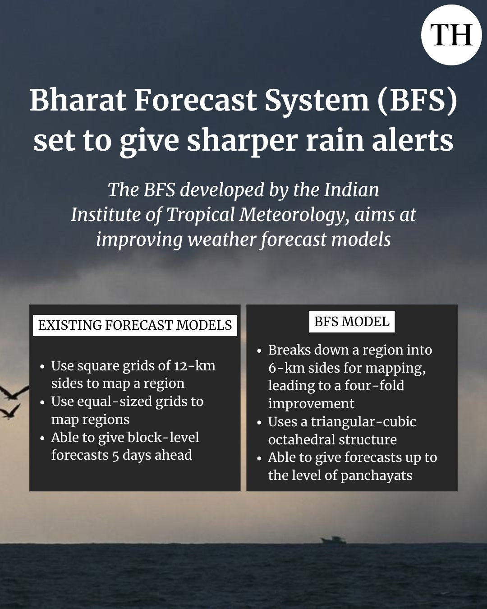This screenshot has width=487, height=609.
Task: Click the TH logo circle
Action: (x=451, y=35)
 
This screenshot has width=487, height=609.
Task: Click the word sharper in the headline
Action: (x=243, y=141)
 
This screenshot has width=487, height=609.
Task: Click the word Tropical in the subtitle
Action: (x=201, y=215)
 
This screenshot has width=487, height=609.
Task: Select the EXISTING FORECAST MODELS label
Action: (x=135, y=325)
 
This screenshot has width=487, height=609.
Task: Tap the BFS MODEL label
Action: (x=352, y=322)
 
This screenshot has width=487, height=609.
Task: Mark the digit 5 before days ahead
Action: (x=115, y=456)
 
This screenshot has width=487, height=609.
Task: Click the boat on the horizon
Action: (x=333, y=540)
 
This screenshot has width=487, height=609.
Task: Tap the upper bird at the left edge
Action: (x=14, y=393)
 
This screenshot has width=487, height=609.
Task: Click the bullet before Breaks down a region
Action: (x=259, y=351)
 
